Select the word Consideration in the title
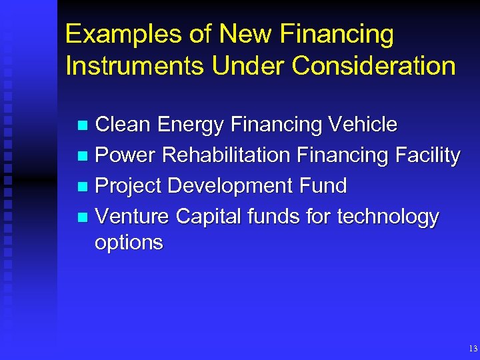click(374, 66)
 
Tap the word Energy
click(191, 125)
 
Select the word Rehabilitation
click(227, 155)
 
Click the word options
click(129, 243)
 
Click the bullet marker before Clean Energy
click(82, 125)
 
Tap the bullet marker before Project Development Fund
click(82, 187)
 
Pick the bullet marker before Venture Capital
click(82, 217)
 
